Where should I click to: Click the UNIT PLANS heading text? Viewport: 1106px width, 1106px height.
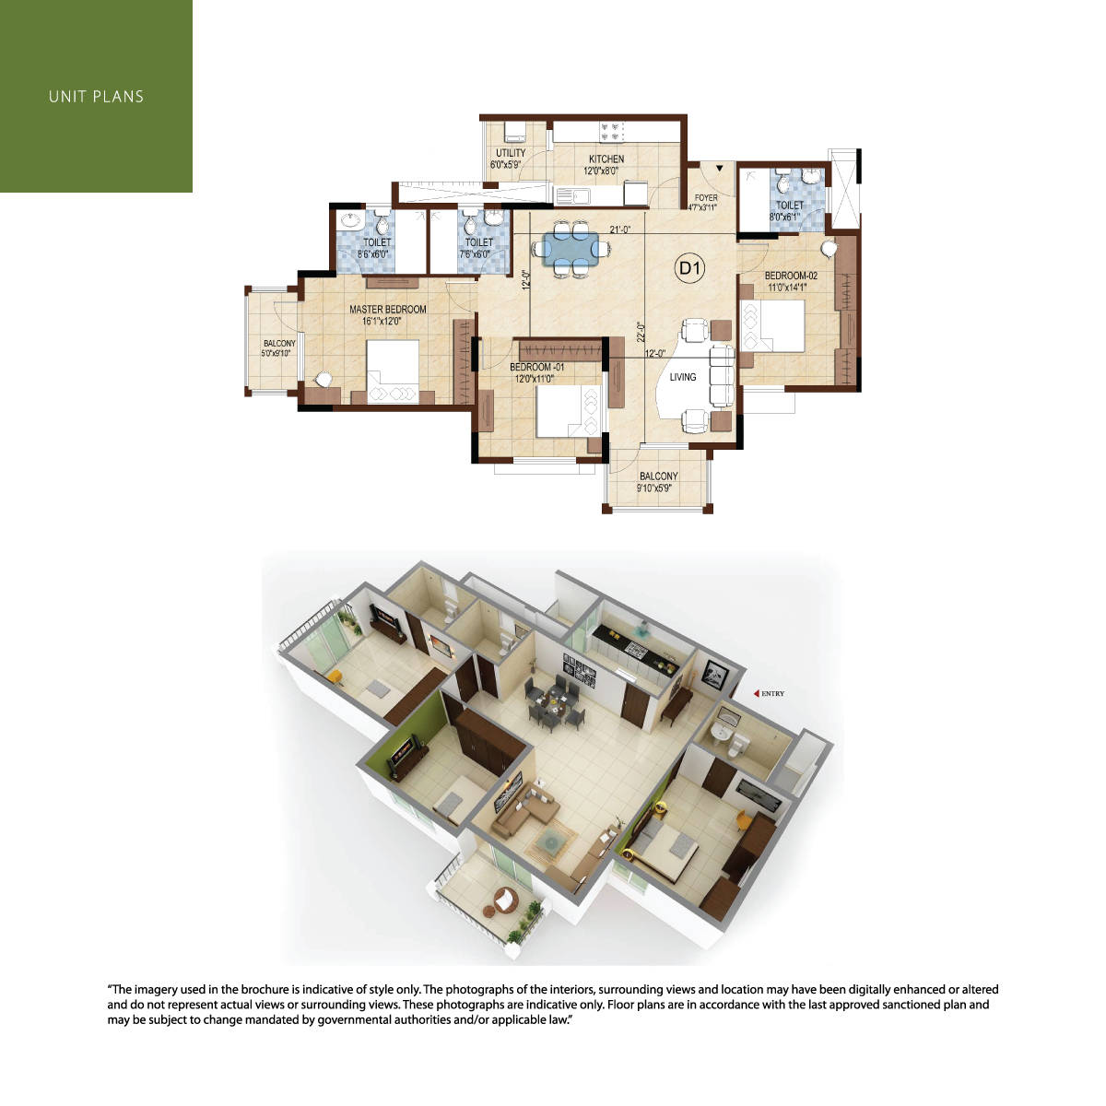point(96,97)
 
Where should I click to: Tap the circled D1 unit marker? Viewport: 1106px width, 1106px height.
point(689,268)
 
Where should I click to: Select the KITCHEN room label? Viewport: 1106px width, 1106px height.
point(606,159)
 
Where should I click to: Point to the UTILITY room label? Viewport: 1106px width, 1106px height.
point(511,153)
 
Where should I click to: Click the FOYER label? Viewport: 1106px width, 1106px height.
point(706,197)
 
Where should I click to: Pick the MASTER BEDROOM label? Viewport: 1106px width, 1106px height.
point(388,310)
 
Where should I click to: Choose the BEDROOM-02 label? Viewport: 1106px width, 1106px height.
point(791,276)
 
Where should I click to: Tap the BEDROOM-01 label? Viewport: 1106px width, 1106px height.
point(536,367)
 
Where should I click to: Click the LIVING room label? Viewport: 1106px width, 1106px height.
point(682,377)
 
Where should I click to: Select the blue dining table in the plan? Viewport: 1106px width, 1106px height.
point(571,250)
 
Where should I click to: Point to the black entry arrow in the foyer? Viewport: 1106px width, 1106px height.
point(719,168)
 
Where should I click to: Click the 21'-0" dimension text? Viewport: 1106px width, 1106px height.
point(620,229)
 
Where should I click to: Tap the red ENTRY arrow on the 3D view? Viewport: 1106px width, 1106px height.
point(756,693)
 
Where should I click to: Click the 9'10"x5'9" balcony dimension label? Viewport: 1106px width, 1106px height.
point(653,488)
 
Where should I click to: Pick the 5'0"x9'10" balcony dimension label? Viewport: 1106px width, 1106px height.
point(276,354)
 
